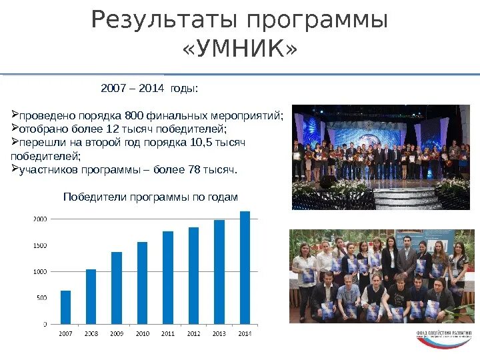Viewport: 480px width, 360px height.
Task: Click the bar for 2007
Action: click(65, 307)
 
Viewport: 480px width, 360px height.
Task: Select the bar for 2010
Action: click(142, 283)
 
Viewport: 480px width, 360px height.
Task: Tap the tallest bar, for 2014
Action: click(245, 267)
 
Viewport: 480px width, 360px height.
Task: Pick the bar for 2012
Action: click(193, 275)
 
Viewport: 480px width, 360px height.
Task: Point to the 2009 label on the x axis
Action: click(117, 332)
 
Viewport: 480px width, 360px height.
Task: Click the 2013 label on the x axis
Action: click(219, 332)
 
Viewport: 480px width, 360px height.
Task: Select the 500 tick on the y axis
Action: click(41, 298)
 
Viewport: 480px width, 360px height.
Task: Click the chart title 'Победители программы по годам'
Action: click(150, 197)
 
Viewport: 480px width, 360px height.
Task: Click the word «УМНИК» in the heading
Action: click(239, 50)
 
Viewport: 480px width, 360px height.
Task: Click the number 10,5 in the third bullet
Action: click(193, 142)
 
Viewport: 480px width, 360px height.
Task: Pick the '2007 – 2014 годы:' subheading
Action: click(149, 88)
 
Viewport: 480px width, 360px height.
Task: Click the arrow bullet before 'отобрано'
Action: click(15, 128)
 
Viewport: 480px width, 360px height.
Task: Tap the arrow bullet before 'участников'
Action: click(15, 169)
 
